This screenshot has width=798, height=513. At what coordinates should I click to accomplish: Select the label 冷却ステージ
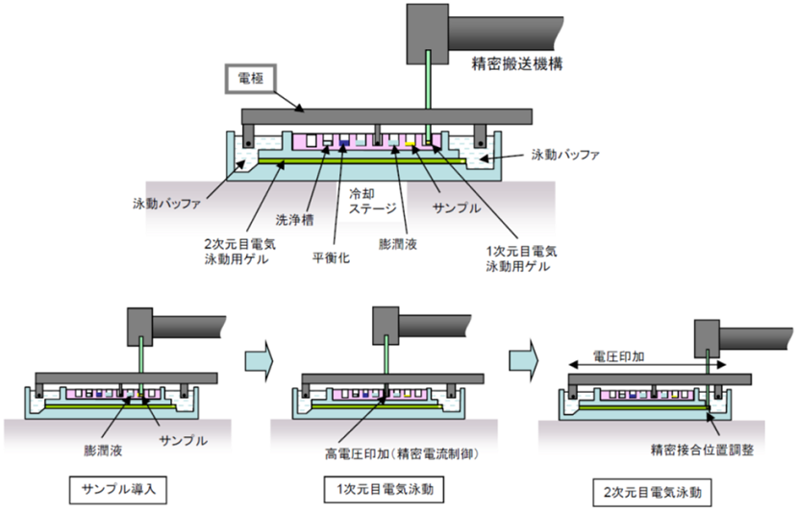pyautogui.click(x=366, y=199)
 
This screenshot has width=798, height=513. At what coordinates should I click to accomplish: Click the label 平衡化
pyautogui.click(x=331, y=257)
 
